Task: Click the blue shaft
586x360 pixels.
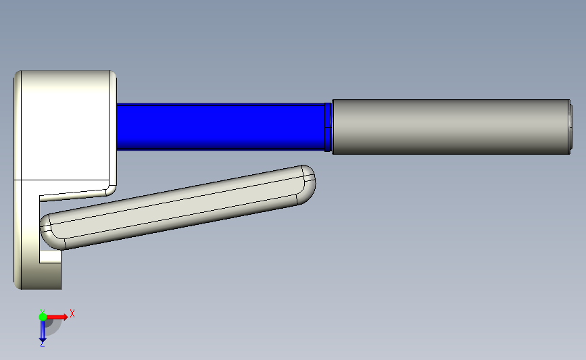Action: [220, 127]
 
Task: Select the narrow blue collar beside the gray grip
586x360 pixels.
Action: [328, 127]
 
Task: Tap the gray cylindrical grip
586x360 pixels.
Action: [451, 127]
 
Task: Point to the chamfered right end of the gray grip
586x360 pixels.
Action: [570, 127]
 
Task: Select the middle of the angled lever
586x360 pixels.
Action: [178, 207]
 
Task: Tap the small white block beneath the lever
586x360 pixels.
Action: [51, 256]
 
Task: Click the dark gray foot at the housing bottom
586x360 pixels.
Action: [42, 276]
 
